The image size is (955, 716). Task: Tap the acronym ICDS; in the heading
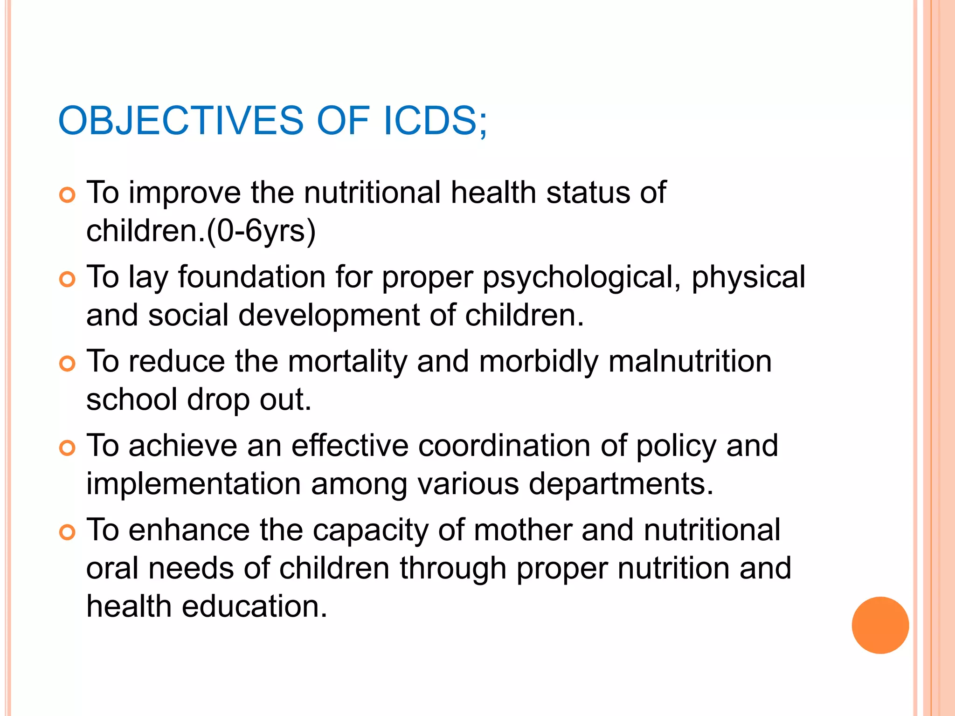(x=435, y=121)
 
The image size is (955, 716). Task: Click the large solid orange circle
(x=880, y=625)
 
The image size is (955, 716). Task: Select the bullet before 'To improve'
(x=68, y=195)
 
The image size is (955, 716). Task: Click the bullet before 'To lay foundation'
(x=68, y=280)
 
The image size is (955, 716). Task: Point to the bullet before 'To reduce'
(x=68, y=364)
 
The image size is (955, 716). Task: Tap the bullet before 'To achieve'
(x=68, y=448)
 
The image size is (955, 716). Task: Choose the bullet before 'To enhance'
(x=68, y=533)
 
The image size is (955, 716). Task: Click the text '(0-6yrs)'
(x=261, y=231)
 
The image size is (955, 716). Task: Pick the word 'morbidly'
(x=539, y=362)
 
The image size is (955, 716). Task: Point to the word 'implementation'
(x=194, y=484)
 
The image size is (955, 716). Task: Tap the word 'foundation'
(x=252, y=277)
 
